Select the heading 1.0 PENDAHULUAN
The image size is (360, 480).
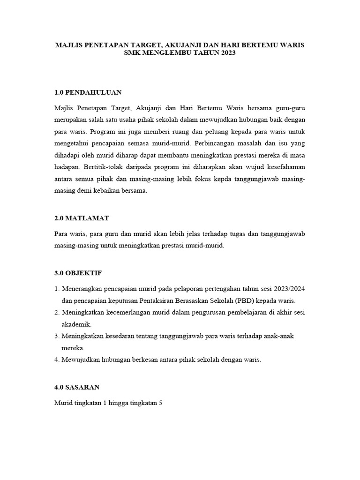(88, 92)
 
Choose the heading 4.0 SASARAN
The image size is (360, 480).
(77, 387)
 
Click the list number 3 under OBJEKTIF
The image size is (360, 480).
(56, 336)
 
